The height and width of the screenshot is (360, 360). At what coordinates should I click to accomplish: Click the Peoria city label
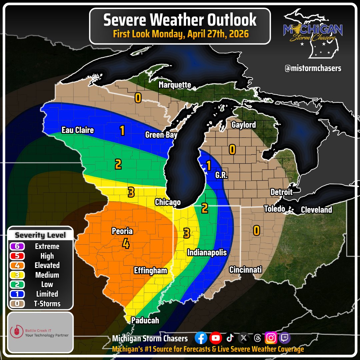pos(122,231)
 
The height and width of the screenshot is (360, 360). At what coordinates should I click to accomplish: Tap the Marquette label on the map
pos(175,85)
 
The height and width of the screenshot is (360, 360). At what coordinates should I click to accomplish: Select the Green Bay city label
pos(161,135)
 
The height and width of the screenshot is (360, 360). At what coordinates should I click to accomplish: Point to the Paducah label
pos(145,320)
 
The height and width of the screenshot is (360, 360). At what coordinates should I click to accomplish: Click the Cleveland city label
pos(316,210)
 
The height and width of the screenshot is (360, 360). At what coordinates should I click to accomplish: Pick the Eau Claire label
pos(78,130)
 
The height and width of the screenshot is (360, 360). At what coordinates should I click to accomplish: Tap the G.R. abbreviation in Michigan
pos(221,175)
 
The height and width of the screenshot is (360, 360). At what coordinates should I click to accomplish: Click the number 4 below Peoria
pos(126,244)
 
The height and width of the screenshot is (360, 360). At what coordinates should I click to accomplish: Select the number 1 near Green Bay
pos(122,131)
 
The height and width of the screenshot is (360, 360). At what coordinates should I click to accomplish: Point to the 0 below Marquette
pos(137,97)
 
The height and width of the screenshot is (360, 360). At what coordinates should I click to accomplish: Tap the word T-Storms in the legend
pos(47,304)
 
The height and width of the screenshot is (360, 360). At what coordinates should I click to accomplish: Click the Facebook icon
pos(201,338)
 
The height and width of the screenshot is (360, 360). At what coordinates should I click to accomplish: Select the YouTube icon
pos(216,338)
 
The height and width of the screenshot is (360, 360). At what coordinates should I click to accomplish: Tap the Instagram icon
pos(271,338)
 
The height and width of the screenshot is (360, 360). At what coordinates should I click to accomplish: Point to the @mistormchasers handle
pos(313,68)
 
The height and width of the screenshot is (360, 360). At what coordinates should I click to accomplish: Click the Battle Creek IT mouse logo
pos(17,332)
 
